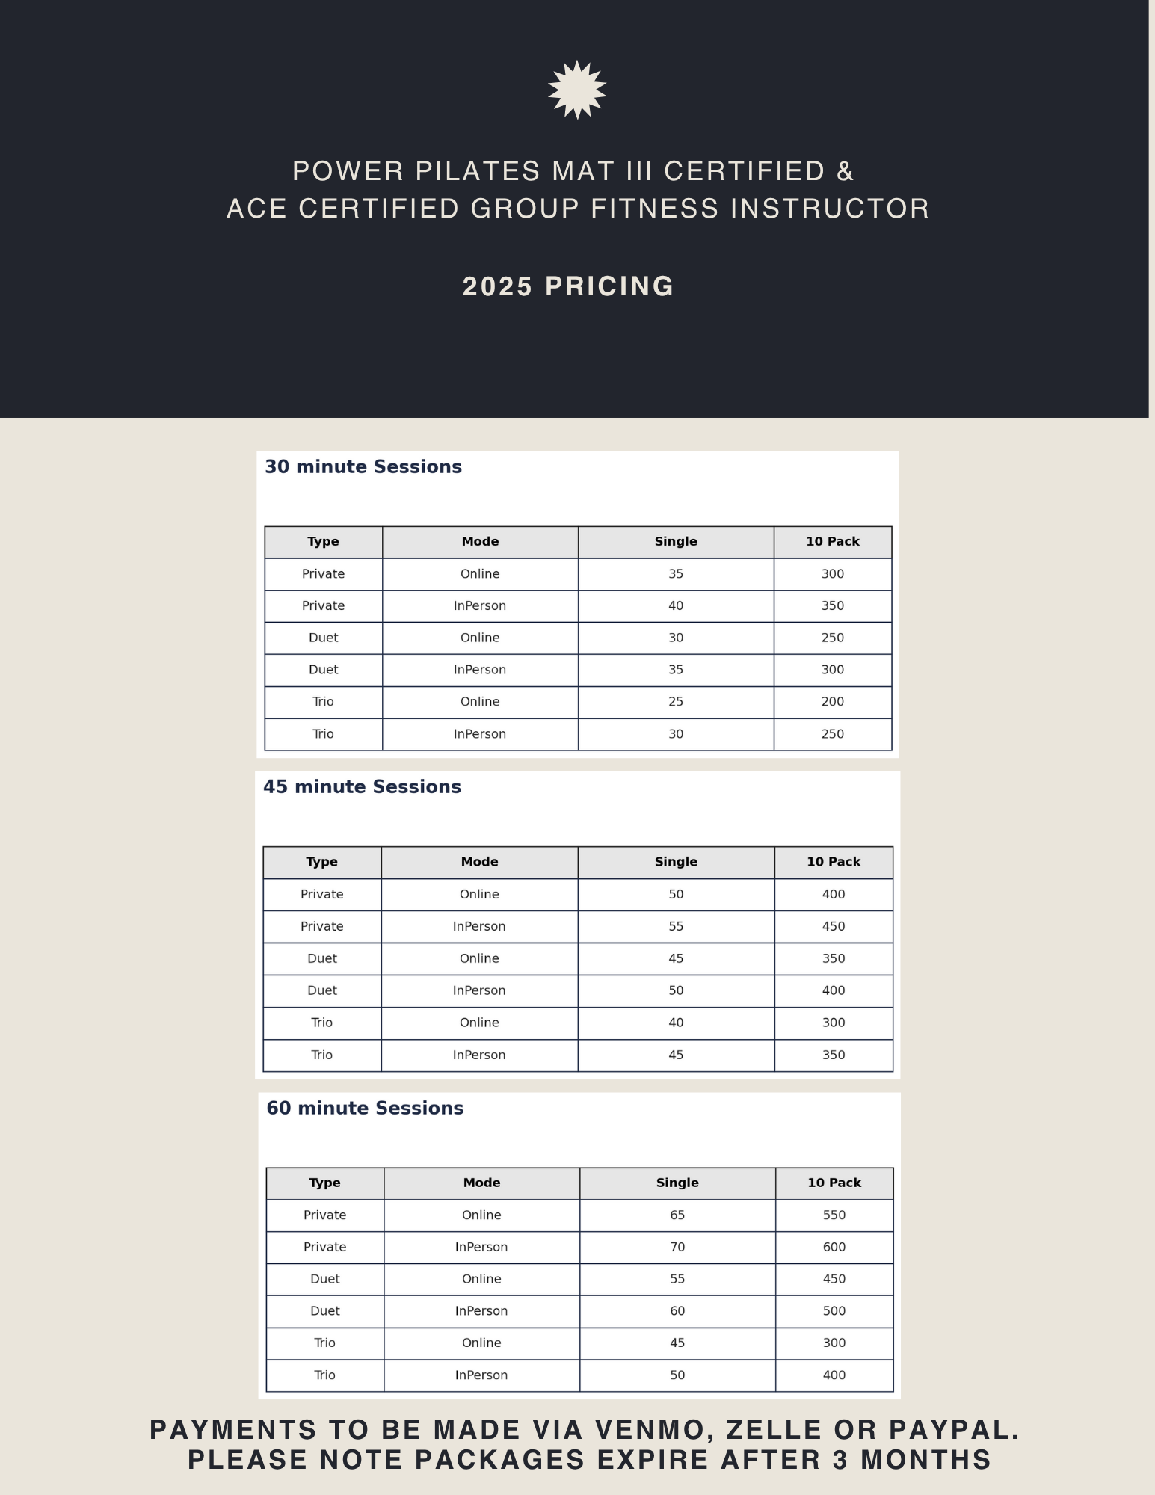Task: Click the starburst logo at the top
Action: [577, 90]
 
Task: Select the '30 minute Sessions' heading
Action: [363, 467]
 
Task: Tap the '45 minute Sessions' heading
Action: [362, 787]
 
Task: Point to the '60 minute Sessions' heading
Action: [365, 1109]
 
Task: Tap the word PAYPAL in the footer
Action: [953, 1430]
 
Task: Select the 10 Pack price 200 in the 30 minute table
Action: [832, 702]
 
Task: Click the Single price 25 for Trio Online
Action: [676, 702]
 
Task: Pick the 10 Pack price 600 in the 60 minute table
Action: [834, 1247]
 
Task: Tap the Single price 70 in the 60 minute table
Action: [677, 1247]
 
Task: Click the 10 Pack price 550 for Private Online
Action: [834, 1215]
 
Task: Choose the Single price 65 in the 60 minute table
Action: [677, 1215]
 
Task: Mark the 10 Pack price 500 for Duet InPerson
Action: [834, 1311]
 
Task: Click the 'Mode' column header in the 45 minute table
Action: [479, 862]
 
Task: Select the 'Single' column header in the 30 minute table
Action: [676, 542]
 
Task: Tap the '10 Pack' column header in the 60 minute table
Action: [834, 1183]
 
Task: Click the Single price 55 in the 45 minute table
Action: [676, 927]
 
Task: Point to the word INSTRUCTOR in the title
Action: [830, 209]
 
